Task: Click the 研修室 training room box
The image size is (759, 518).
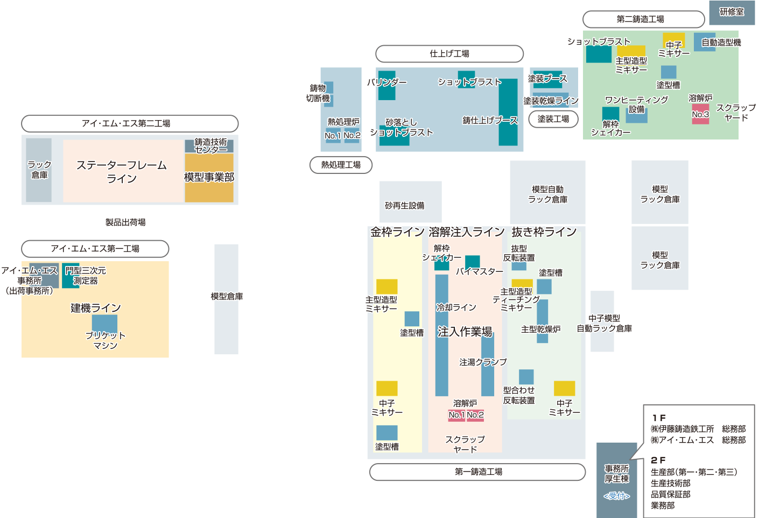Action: [x=732, y=12]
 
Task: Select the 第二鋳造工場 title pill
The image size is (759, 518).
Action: [x=643, y=19]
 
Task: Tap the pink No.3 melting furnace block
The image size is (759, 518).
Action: [x=700, y=114]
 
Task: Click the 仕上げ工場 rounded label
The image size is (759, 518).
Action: [x=449, y=53]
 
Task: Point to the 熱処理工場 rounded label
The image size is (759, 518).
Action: [x=341, y=165]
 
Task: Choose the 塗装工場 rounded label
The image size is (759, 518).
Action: [x=553, y=119]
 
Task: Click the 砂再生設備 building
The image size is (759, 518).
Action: [x=410, y=202]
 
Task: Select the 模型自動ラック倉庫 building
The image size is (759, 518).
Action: [x=547, y=192]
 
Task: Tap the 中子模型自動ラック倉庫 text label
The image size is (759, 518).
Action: [x=604, y=323]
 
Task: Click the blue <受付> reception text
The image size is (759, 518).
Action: [x=617, y=496]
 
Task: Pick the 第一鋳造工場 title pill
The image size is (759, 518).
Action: [x=477, y=472]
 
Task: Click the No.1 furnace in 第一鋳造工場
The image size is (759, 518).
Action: [x=456, y=415]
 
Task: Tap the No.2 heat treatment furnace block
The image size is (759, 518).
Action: [x=352, y=135]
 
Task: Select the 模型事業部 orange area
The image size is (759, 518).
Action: [x=209, y=178]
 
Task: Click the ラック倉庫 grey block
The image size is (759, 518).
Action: [x=39, y=170]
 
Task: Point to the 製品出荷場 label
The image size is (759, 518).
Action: [x=125, y=222]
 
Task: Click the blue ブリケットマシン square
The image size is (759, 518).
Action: [x=105, y=324]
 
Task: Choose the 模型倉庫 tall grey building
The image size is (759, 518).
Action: [x=226, y=299]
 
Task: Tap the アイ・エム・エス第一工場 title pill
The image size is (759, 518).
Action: [x=95, y=249]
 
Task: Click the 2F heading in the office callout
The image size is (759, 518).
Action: [x=658, y=460]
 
